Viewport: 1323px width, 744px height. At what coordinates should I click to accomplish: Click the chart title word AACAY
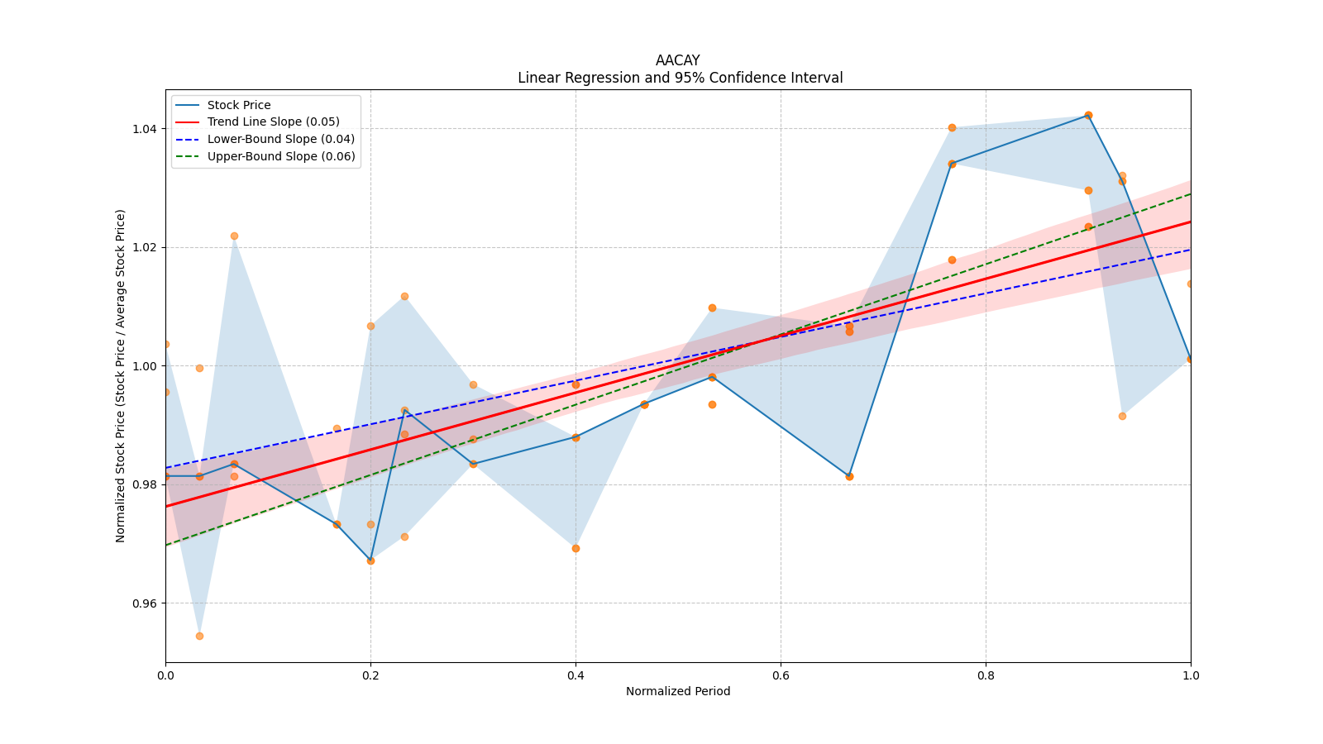point(677,60)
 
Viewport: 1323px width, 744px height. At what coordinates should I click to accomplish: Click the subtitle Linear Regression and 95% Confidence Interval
point(680,78)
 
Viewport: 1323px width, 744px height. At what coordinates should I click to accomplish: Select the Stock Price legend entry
point(239,105)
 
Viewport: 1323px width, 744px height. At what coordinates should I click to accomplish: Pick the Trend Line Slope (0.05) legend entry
point(273,122)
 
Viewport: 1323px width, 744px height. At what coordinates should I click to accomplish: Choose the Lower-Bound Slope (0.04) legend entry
point(280,139)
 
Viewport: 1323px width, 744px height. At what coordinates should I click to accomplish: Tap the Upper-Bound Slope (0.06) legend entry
point(281,156)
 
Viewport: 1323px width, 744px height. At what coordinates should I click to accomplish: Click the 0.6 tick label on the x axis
point(781,675)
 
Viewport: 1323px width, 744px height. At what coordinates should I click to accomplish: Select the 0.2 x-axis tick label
point(370,675)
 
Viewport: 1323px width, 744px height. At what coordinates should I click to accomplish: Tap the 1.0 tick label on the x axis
point(1191,675)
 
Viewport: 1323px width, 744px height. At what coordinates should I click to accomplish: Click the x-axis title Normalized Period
point(678,691)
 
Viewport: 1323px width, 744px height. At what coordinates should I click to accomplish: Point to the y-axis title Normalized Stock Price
point(121,376)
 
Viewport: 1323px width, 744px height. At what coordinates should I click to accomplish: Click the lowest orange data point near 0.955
point(199,636)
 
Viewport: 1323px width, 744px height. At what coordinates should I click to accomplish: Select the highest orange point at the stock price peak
point(1088,115)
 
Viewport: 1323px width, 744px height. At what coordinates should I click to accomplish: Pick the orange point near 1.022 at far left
point(234,236)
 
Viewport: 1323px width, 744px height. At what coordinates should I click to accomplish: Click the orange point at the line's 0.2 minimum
point(370,560)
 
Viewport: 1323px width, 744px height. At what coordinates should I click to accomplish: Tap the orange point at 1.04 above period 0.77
point(952,127)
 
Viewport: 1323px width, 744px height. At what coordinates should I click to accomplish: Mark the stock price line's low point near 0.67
point(849,476)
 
